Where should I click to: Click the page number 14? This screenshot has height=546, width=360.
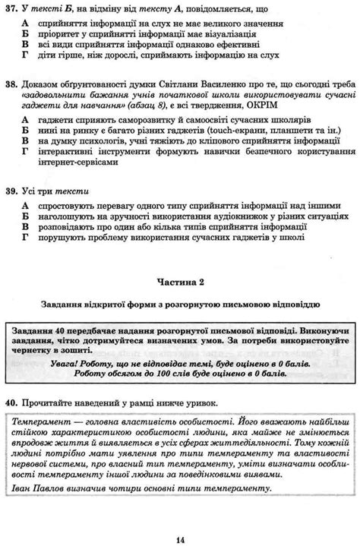179,519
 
